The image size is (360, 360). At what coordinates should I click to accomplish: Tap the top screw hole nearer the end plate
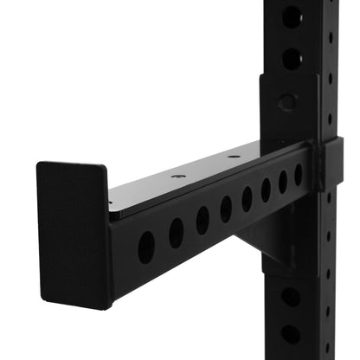(177, 177)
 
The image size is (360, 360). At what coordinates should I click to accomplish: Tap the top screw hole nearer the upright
(234, 157)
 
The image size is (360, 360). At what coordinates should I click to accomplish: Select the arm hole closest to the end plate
(146, 247)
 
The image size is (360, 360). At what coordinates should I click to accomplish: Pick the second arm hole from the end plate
(176, 233)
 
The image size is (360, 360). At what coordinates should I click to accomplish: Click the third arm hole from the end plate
(202, 220)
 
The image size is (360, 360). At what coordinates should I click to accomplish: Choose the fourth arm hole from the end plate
(226, 209)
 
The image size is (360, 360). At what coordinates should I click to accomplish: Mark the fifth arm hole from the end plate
(247, 199)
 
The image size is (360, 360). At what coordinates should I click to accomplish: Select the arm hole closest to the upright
(299, 176)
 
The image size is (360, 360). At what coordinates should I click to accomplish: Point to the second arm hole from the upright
(283, 182)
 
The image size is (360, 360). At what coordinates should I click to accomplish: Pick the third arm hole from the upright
(266, 190)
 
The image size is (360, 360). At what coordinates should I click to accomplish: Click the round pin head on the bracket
(287, 102)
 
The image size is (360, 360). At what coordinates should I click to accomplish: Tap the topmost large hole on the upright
(292, 16)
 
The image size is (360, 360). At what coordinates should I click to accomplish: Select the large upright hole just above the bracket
(292, 59)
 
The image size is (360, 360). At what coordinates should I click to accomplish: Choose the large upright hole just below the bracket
(291, 297)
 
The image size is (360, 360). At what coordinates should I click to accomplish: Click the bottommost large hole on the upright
(291, 334)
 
